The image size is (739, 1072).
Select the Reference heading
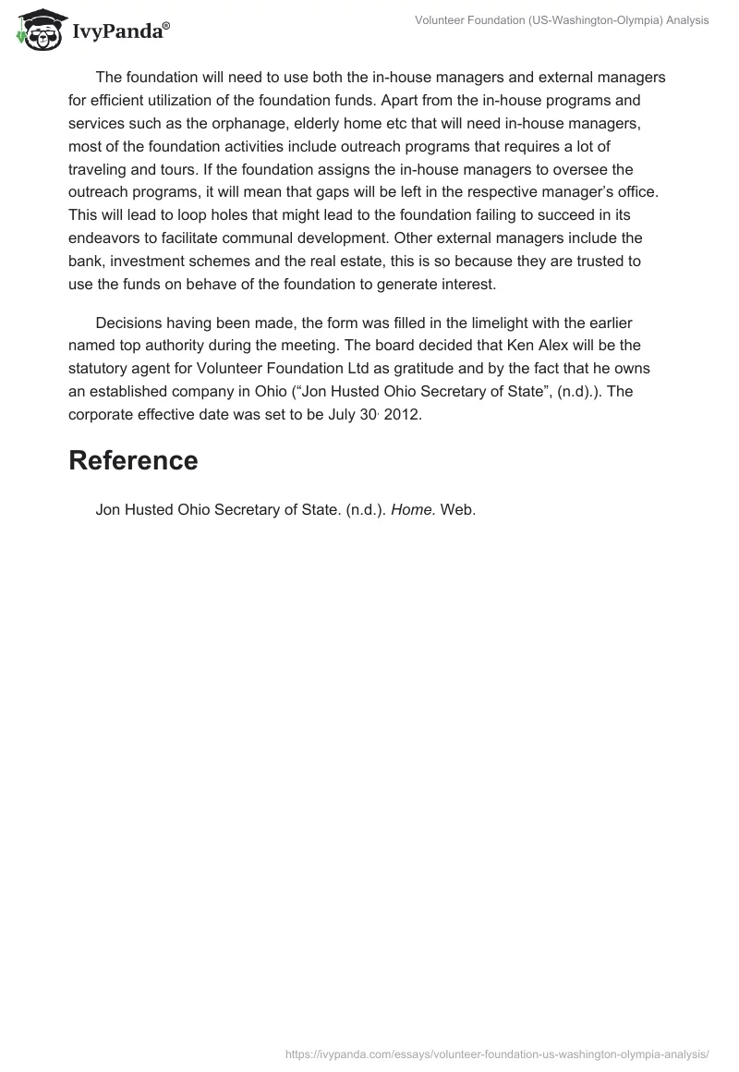point(133,460)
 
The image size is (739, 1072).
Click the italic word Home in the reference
point(411,508)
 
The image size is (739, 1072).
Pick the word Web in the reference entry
point(458,508)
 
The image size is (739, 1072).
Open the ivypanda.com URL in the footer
point(498,1053)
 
